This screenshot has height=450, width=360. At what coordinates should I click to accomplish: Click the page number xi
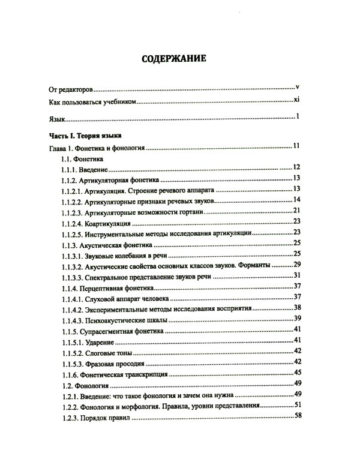296,100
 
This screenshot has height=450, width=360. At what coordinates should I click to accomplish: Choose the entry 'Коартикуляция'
113,222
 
